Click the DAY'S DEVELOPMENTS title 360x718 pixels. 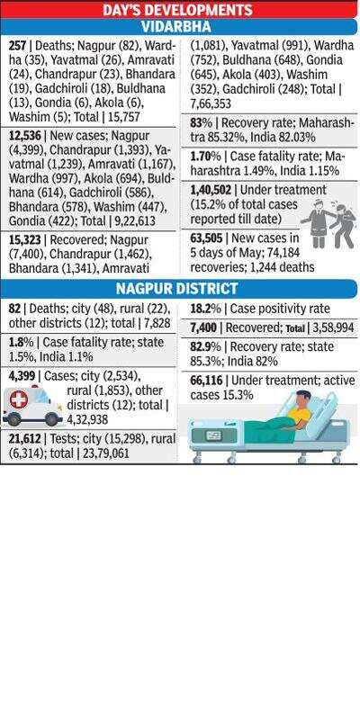click(x=177, y=10)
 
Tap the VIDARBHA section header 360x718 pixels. click(x=176, y=27)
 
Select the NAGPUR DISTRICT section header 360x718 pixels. click(x=176, y=289)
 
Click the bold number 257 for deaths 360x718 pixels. click(x=18, y=45)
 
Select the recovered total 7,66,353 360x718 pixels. click(x=211, y=104)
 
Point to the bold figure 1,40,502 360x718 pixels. click(x=211, y=190)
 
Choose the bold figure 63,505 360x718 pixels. click(x=207, y=238)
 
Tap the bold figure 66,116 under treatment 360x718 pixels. click(x=207, y=381)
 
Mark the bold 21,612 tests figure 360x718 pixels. click(x=24, y=439)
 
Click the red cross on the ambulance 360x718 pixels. click(x=19, y=399)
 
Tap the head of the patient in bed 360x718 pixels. click(x=302, y=398)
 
